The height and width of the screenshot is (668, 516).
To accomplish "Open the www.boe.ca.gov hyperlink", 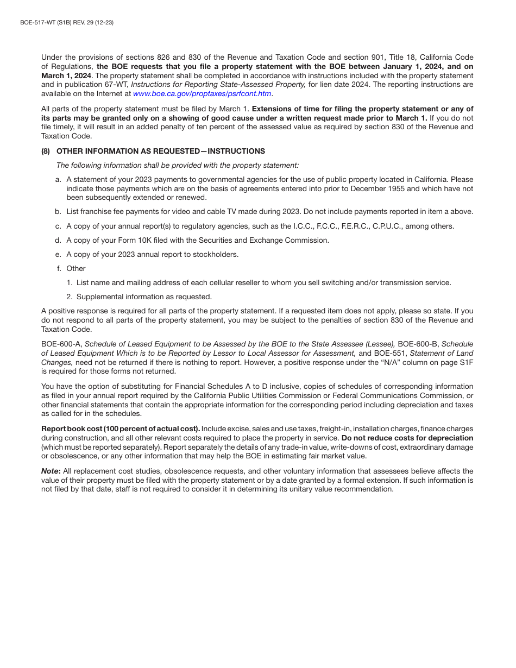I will [202, 94].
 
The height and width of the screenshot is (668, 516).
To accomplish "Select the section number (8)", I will [46, 151].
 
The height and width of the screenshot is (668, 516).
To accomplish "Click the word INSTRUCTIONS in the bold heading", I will [236, 151].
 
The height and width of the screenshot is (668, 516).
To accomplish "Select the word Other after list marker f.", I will [76, 268].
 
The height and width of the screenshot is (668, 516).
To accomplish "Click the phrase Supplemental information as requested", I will [144, 297].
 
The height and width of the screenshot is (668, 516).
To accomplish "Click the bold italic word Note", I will [50, 471].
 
